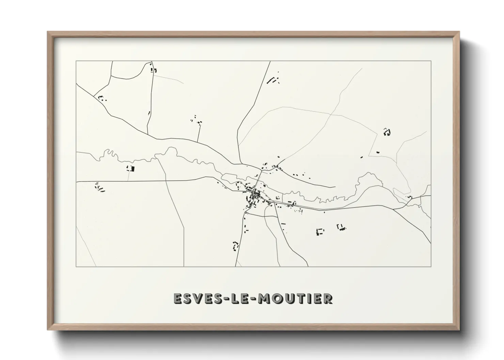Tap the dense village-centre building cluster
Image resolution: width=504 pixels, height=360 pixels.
255,196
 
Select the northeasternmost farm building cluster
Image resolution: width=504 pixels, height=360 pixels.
387,132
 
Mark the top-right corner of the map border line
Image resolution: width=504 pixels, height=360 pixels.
431,61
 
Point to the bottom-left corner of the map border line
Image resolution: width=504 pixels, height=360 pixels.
76,266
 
